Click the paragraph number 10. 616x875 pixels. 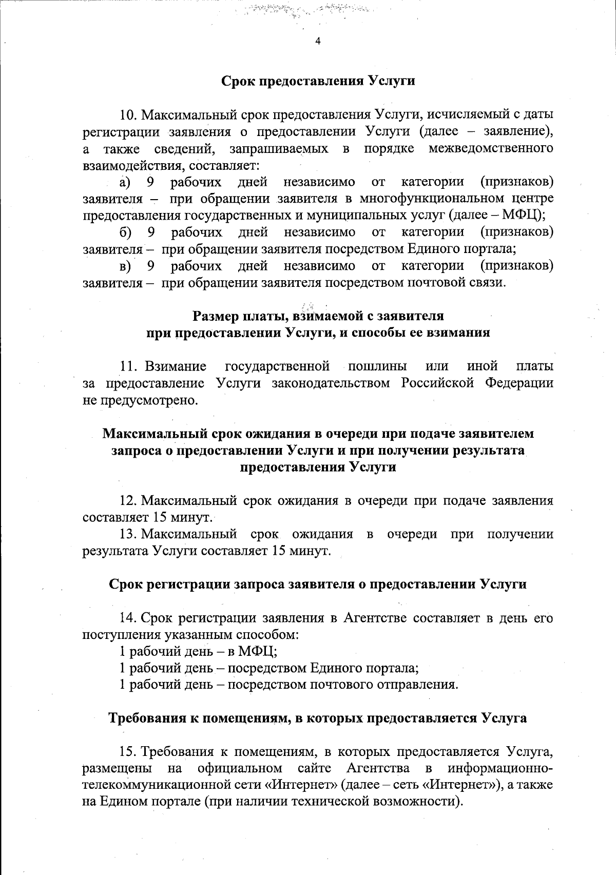(128, 114)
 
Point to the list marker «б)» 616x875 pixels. (126, 232)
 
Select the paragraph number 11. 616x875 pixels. (128, 366)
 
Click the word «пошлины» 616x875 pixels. (377, 366)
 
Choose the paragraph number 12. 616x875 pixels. (128, 500)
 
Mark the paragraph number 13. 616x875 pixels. (128, 534)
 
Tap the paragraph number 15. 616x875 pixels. (128, 751)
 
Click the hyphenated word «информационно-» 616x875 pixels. (500, 768)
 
